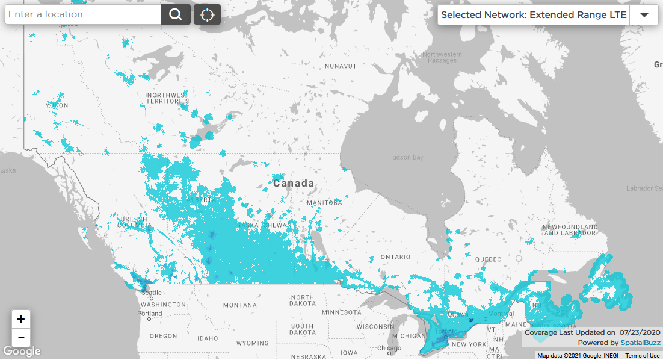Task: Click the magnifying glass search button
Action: click(176, 14)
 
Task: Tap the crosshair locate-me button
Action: click(207, 14)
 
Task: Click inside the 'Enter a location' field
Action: click(83, 14)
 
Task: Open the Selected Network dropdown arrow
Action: click(644, 15)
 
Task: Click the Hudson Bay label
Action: click(406, 157)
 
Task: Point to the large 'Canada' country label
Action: click(294, 183)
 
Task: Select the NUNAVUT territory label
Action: click(341, 66)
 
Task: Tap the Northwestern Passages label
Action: click(442, 57)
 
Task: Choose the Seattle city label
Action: click(151, 293)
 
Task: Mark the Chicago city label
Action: click(389, 348)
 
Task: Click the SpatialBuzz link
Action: click(640, 343)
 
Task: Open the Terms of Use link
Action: click(643, 356)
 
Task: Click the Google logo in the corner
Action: click(22, 351)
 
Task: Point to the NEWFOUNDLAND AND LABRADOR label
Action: click(570, 230)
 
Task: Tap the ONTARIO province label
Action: click(395, 257)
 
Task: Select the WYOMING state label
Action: click(253, 343)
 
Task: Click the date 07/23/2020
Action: click(640, 332)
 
